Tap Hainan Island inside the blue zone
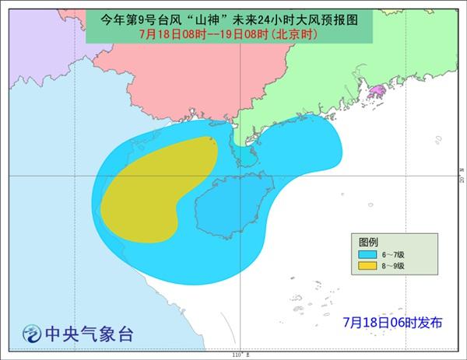pyautogui.click(x=226, y=202)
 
